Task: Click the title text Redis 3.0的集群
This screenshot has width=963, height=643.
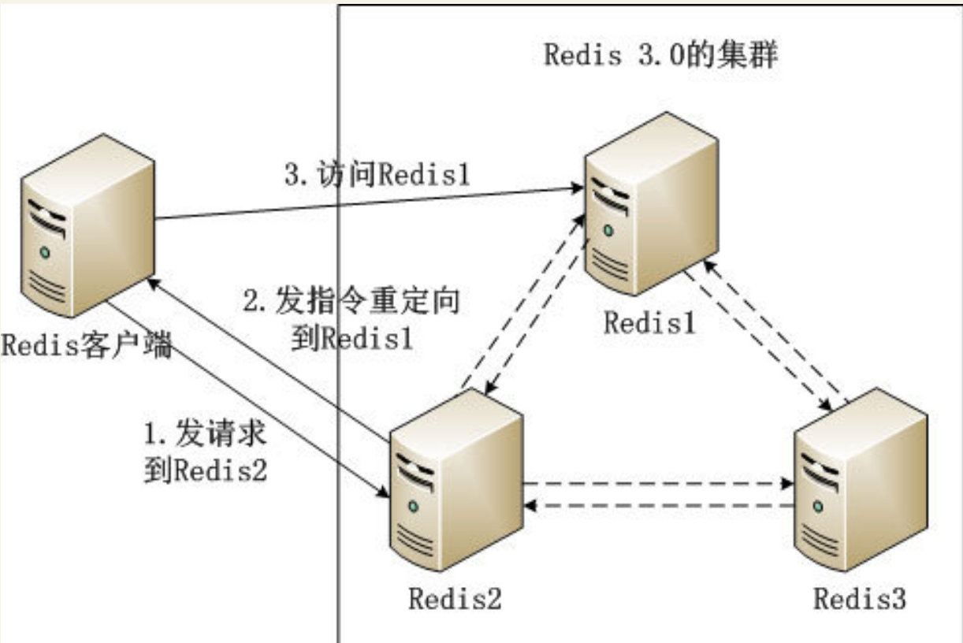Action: tap(660, 54)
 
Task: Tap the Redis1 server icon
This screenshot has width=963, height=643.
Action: tap(651, 204)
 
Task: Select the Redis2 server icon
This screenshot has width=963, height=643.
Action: tap(456, 480)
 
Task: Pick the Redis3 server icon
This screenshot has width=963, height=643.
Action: tap(861, 480)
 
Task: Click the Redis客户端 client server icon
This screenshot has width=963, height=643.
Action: tap(87, 225)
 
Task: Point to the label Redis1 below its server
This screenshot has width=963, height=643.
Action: tap(649, 323)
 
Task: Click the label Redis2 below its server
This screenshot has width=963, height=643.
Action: tap(455, 598)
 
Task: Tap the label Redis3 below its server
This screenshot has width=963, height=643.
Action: tap(860, 598)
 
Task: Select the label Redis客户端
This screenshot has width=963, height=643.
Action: tap(87, 344)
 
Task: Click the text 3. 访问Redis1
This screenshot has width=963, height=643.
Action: tap(377, 174)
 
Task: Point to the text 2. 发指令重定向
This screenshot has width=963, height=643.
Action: tap(351, 300)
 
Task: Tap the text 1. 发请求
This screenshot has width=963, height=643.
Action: tap(205, 433)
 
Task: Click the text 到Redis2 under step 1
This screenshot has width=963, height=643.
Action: tap(206, 470)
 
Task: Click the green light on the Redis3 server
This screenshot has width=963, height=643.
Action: tap(819, 507)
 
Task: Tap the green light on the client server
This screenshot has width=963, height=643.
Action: tap(45, 252)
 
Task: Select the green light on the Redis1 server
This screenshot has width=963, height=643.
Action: tap(608, 230)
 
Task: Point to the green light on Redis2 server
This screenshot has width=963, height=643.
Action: tap(414, 507)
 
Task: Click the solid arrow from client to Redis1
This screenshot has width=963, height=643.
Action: tap(369, 203)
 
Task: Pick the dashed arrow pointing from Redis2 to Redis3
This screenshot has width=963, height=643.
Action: tap(659, 483)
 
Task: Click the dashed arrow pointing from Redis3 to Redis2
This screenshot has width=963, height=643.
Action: tap(659, 506)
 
